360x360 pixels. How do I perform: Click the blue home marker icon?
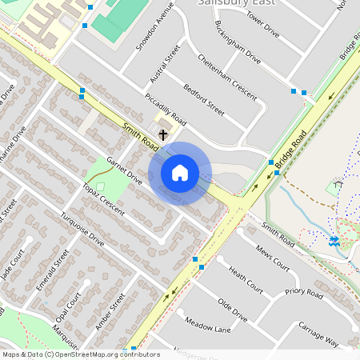pyautogui.click(x=180, y=172)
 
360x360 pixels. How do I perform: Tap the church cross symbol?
pyautogui.click(x=164, y=134)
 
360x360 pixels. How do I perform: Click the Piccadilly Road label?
pyautogui.click(x=166, y=110)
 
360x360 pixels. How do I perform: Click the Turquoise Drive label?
pyautogui.click(x=83, y=230)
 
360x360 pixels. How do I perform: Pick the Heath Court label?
pyautogui.click(x=246, y=279)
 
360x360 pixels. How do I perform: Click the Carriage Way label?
pyautogui.click(x=318, y=333)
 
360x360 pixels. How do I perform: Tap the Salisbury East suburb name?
pyautogui.click(x=236, y=3)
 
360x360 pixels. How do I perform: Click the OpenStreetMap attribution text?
pyautogui.click(x=80, y=354)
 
